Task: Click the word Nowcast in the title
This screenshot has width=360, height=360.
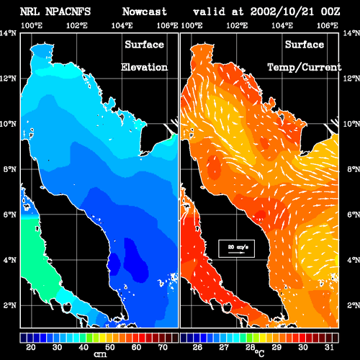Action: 145,12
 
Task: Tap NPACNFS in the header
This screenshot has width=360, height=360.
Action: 68,12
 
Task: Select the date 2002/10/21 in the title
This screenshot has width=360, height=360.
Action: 282,12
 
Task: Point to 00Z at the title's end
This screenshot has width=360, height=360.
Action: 330,12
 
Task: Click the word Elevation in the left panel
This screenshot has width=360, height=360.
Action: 144,67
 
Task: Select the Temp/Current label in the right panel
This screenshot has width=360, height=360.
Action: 305,67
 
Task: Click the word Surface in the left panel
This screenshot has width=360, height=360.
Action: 145,45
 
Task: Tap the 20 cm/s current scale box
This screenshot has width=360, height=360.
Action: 236,248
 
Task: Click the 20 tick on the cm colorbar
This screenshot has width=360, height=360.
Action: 31,347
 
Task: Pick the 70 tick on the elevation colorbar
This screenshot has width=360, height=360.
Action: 163,347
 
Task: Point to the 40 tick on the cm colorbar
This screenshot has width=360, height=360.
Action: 84,347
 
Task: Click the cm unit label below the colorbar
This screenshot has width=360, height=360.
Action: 100,354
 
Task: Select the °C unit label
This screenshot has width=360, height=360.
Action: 259,353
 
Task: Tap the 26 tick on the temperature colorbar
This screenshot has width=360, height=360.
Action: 197,347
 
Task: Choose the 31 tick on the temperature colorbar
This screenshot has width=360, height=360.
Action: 329,347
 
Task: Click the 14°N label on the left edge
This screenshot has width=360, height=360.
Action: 8,33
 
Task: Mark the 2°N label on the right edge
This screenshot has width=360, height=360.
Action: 354,305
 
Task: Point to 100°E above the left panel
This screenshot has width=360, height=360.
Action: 32,25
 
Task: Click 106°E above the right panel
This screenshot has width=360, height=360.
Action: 328,25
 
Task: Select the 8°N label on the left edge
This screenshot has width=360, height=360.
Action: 9,169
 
